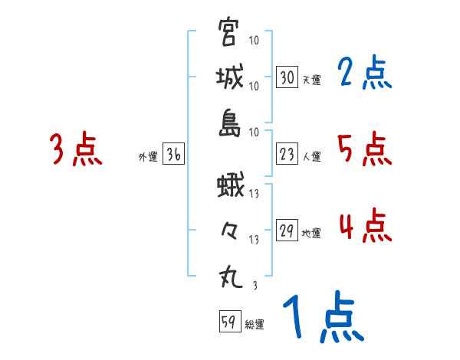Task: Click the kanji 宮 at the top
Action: (x=229, y=33)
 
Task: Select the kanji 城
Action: (x=229, y=77)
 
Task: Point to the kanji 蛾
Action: (x=229, y=186)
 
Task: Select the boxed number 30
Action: (x=287, y=78)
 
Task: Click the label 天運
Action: (x=311, y=80)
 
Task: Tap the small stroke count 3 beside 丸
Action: (x=255, y=286)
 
